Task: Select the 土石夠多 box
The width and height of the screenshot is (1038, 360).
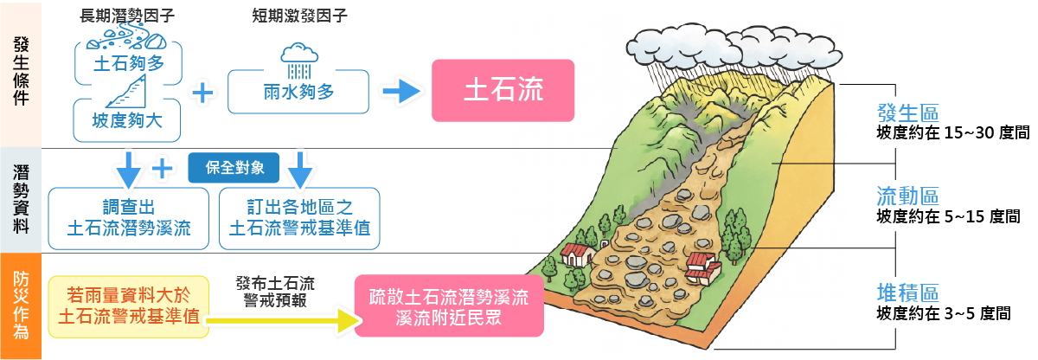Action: pos(128,64)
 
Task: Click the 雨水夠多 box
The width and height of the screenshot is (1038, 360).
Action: pos(298,91)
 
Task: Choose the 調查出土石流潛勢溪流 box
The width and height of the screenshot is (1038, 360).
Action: pos(129,217)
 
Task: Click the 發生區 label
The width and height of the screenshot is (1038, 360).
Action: pos(907,112)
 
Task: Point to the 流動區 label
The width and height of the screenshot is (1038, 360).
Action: pos(907,196)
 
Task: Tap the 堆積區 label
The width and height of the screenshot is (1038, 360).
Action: pos(907,292)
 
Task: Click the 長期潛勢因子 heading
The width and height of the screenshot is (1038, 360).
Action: pos(126,16)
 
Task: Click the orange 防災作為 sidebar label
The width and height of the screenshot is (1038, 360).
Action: pos(21,305)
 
